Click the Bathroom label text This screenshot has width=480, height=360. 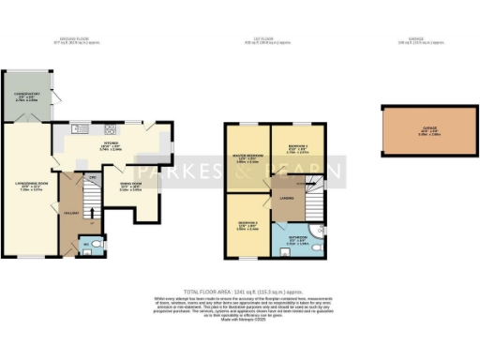tap(294, 241)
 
